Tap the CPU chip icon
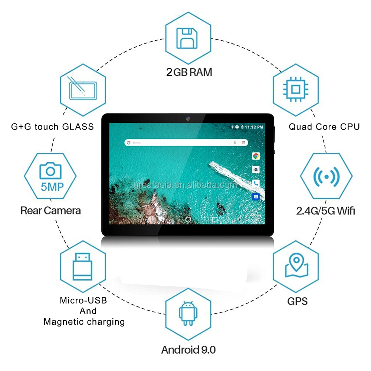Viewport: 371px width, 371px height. pyautogui.click(x=296, y=89)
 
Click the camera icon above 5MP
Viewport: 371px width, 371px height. pyautogui.click(x=50, y=171)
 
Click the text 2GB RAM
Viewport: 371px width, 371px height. pyautogui.click(x=189, y=72)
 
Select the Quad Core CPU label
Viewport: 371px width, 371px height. pyautogui.click(x=324, y=127)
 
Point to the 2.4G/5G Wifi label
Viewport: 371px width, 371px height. pyautogui.click(x=325, y=211)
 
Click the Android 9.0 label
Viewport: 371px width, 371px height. pyautogui.click(x=188, y=349)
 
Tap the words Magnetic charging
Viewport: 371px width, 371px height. pyautogui.click(x=84, y=322)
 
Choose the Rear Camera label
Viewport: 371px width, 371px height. pyautogui.click(x=50, y=211)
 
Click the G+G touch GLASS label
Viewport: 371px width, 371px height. pyautogui.click(x=52, y=127)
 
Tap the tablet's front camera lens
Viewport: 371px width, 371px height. pyautogui.click(x=188, y=119)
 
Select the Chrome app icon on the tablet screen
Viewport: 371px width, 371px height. pyautogui.click(x=256, y=156)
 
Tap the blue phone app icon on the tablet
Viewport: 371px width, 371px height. pyautogui.click(x=256, y=183)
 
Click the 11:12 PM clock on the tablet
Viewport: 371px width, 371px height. pyautogui.click(x=255, y=127)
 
